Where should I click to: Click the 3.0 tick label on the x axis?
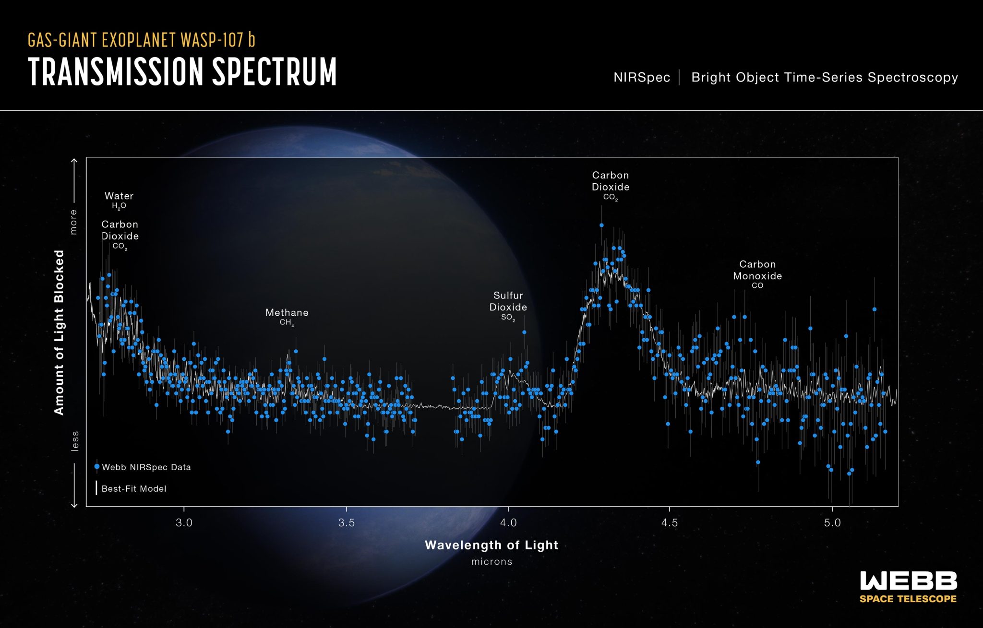(184, 523)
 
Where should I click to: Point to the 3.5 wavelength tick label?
(346, 523)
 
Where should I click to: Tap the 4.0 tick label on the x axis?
(508, 523)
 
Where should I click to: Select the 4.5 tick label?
(670, 523)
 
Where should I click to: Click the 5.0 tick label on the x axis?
(832, 523)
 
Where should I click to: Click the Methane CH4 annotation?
(287, 317)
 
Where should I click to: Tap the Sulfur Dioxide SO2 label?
(508, 306)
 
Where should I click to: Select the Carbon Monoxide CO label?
(757, 274)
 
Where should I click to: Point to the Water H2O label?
(119, 200)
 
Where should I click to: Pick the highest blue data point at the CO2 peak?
(601, 225)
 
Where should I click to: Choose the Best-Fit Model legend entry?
(133, 489)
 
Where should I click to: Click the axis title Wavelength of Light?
(491, 545)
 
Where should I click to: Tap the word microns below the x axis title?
(491, 561)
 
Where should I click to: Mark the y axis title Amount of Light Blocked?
(59, 332)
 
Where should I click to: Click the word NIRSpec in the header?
(642, 78)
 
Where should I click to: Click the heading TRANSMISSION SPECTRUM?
(182, 72)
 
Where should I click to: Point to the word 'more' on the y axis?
(73, 222)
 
